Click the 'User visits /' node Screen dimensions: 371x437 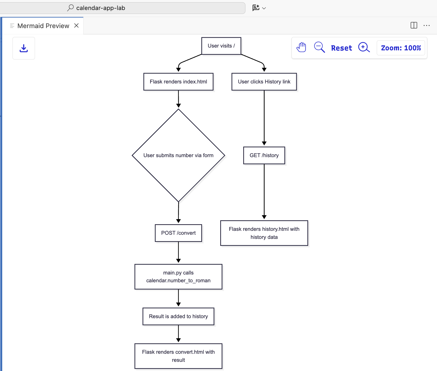[221, 46]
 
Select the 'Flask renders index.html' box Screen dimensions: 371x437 [178, 82]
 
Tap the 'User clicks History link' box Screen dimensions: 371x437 [264, 82]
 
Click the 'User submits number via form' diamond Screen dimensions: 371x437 [178, 155]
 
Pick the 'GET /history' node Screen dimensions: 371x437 [264, 155]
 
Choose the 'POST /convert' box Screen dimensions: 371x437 [178, 233]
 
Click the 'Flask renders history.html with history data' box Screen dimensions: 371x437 [264, 233]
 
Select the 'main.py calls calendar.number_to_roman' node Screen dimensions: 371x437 [178, 277]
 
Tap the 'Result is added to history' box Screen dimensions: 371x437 [178, 316]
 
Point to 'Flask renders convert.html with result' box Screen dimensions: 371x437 [178, 356]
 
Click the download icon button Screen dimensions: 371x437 [24, 48]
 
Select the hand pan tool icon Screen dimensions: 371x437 [301, 48]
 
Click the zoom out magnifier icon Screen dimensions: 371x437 [319, 48]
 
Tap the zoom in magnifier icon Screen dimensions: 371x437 [364, 48]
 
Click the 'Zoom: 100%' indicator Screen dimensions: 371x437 [401, 48]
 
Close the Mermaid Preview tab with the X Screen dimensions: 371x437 [77, 26]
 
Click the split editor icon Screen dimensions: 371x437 [414, 25]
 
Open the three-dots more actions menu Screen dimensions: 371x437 [426, 25]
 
